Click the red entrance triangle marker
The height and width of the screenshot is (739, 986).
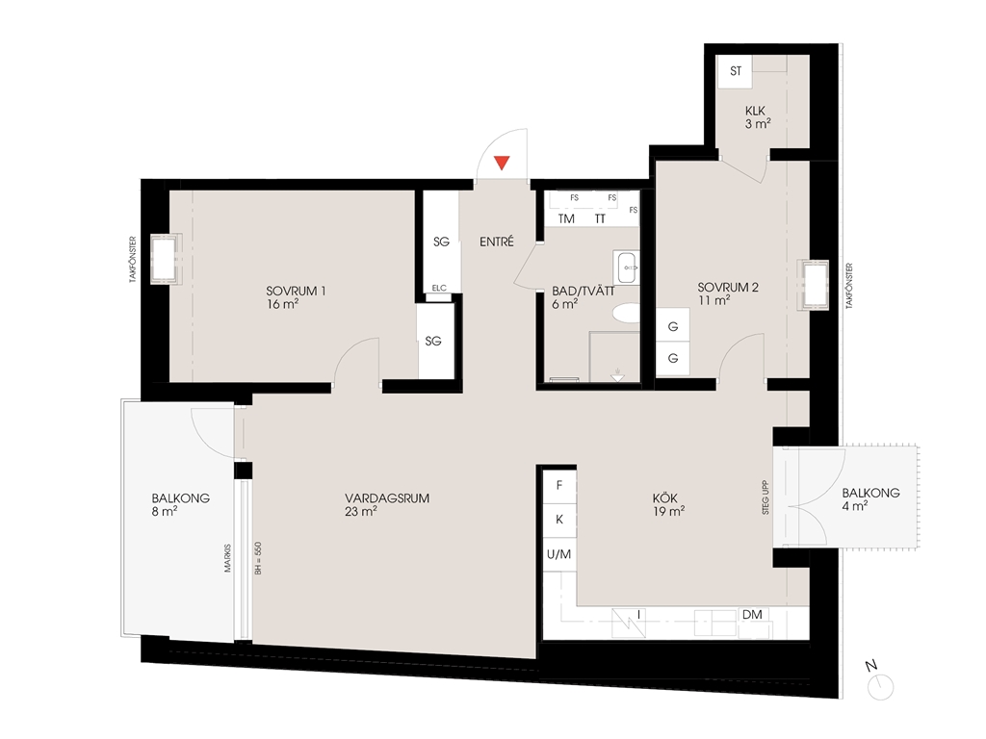(x=501, y=163)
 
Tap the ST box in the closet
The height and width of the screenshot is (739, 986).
(x=735, y=71)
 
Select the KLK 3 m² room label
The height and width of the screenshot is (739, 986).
(x=758, y=117)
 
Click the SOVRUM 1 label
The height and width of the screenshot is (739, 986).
(x=296, y=291)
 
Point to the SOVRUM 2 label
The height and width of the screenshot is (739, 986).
(x=728, y=287)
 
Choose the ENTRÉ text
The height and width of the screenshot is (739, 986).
(x=497, y=242)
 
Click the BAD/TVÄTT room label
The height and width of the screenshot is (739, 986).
(x=583, y=291)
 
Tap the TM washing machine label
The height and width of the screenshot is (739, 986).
(x=566, y=218)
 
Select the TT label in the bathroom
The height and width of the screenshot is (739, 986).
(x=600, y=218)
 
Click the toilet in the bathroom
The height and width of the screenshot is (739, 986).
(x=626, y=313)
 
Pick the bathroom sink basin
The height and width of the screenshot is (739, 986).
(x=627, y=268)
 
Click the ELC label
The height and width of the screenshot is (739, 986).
(x=439, y=289)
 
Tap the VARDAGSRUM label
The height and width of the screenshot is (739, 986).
(x=387, y=498)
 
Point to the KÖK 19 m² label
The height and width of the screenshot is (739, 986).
(x=668, y=504)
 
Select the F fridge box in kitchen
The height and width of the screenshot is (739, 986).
(x=559, y=486)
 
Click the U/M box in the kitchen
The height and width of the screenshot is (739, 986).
(x=559, y=554)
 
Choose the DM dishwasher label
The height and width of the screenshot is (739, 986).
(x=752, y=615)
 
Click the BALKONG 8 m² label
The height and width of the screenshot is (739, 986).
(x=180, y=504)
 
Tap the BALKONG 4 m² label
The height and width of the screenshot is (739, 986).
(x=870, y=499)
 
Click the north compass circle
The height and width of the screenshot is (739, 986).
(x=880, y=687)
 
